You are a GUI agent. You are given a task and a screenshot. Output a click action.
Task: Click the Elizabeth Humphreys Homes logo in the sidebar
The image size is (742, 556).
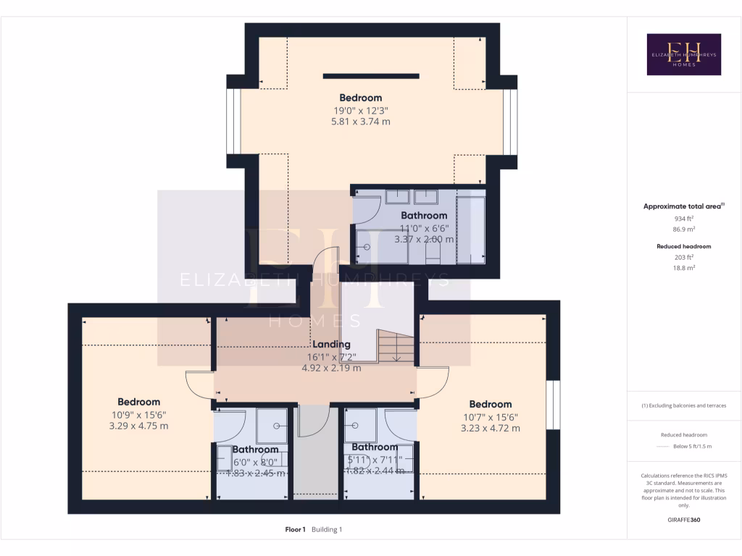[683, 54]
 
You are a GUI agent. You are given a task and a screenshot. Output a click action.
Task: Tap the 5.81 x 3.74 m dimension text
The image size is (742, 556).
[361, 122]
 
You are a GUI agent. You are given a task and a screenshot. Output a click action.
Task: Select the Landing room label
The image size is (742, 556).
[331, 345]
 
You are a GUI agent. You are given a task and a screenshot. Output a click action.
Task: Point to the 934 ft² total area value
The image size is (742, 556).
[684, 218]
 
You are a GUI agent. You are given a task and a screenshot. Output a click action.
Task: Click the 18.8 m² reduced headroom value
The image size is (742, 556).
[684, 267]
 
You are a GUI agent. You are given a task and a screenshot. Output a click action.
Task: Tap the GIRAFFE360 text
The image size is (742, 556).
[684, 520]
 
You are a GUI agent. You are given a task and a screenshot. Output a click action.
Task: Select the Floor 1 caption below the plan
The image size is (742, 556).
[295, 529]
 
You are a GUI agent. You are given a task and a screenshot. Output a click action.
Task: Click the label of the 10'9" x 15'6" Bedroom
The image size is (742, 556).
[139, 402]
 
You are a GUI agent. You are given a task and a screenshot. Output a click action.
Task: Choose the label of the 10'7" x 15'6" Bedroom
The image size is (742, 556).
[491, 404]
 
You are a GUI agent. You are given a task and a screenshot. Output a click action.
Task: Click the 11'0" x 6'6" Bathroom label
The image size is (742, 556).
[424, 215]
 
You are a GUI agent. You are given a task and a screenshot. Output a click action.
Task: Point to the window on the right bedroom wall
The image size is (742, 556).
[553, 404]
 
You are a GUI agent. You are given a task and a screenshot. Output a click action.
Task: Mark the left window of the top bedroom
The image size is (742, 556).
[233, 121]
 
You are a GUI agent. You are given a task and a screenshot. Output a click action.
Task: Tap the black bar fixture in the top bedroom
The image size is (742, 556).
[371, 75]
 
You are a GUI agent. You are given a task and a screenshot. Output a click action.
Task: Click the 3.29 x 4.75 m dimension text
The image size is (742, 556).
[139, 426]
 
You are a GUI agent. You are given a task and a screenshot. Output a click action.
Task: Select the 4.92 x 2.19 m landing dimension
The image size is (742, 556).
[331, 368]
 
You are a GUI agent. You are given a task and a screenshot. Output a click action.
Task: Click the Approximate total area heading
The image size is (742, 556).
[683, 206]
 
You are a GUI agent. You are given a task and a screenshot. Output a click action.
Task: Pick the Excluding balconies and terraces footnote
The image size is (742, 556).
[684, 405]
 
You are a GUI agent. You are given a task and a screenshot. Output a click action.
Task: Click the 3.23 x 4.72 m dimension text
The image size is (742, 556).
[491, 428]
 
